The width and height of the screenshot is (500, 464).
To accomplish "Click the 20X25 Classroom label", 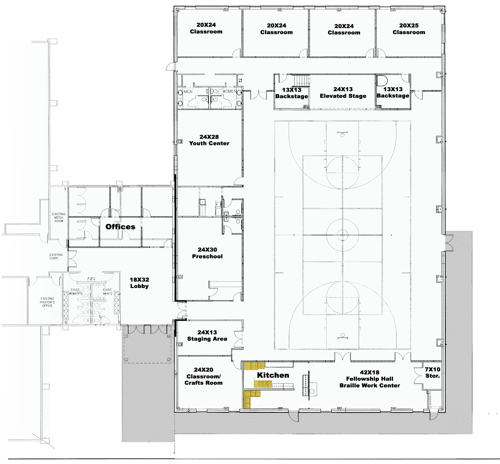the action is pyautogui.click(x=409, y=29).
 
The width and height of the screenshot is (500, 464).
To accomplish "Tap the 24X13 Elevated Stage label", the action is pyautogui.click(x=343, y=92).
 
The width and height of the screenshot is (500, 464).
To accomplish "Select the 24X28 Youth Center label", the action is pyautogui.click(x=209, y=140).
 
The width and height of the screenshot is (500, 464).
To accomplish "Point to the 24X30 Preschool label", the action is pyautogui.click(x=207, y=253).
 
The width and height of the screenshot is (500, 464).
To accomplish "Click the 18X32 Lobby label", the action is pyautogui.click(x=139, y=283).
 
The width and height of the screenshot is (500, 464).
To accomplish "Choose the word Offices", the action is pyautogui.click(x=120, y=227).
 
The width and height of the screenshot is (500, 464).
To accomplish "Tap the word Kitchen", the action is pyautogui.click(x=273, y=375).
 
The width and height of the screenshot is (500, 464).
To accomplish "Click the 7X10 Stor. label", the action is pyautogui.click(x=433, y=373).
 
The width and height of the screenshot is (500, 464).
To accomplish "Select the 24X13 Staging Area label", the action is pyautogui.click(x=207, y=336).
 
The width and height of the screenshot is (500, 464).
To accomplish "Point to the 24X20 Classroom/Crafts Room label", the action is pyautogui.click(x=203, y=376).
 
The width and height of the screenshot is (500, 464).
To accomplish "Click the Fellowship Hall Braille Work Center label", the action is pyautogui.click(x=370, y=379).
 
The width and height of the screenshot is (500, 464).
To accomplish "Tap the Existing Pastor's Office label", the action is pyautogui.click(x=47, y=302).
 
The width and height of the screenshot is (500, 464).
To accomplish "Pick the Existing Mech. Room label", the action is pyautogui.click(x=59, y=217).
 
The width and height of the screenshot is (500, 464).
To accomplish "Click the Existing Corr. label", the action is pyautogui.click(x=56, y=256).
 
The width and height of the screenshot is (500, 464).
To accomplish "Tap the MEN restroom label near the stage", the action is pyautogui.click(x=188, y=91).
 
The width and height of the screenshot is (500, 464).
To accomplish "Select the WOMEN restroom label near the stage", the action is pyautogui.click(x=229, y=91).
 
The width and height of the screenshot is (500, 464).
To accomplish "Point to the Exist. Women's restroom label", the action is pyautogui.click(x=76, y=292).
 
